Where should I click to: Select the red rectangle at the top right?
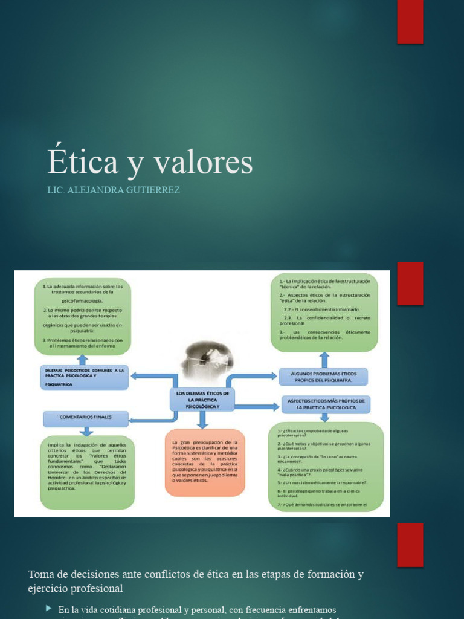(x=410, y=22)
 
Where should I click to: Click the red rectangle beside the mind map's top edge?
(x=410, y=283)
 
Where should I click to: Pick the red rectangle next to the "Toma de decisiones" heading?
(x=410, y=545)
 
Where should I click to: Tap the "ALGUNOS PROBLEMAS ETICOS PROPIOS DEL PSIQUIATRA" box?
(x=323, y=377)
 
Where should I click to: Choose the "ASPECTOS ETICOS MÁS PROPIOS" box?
(x=326, y=404)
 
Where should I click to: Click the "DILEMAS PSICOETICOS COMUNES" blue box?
(x=85, y=377)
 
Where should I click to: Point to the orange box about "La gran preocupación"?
(x=205, y=462)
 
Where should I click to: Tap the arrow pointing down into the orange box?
(x=201, y=420)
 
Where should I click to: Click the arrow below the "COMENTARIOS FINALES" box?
(x=86, y=432)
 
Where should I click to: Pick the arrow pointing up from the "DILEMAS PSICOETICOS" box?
(x=86, y=360)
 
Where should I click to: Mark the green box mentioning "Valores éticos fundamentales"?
(x=88, y=472)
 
